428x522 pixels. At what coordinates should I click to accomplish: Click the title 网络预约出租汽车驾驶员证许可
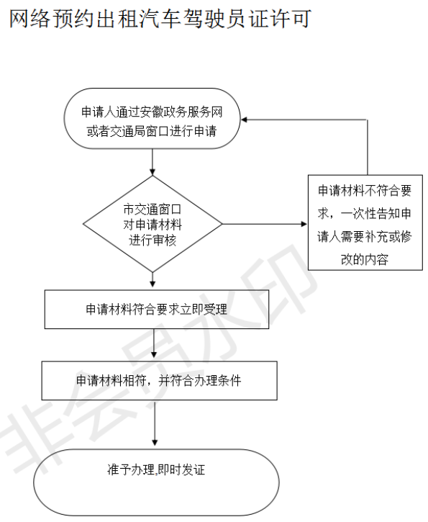[x=160, y=19]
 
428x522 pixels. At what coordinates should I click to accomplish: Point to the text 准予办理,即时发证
[x=156, y=469]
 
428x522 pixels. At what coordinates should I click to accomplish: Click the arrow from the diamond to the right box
[x=265, y=224]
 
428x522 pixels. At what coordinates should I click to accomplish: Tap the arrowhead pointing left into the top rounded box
[x=244, y=120]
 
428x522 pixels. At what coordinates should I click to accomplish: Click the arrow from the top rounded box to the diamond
[x=152, y=162]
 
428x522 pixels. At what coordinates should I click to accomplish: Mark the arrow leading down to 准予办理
[x=155, y=423]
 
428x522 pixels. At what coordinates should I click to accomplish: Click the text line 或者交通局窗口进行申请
[x=152, y=131]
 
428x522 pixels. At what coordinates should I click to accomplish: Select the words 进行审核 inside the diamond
[x=152, y=240]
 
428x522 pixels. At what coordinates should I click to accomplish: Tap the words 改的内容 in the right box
[x=365, y=259]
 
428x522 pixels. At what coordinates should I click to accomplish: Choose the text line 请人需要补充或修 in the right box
[x=365, y=236]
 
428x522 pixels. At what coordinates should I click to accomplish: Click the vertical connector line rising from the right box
[x=368, y=147]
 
